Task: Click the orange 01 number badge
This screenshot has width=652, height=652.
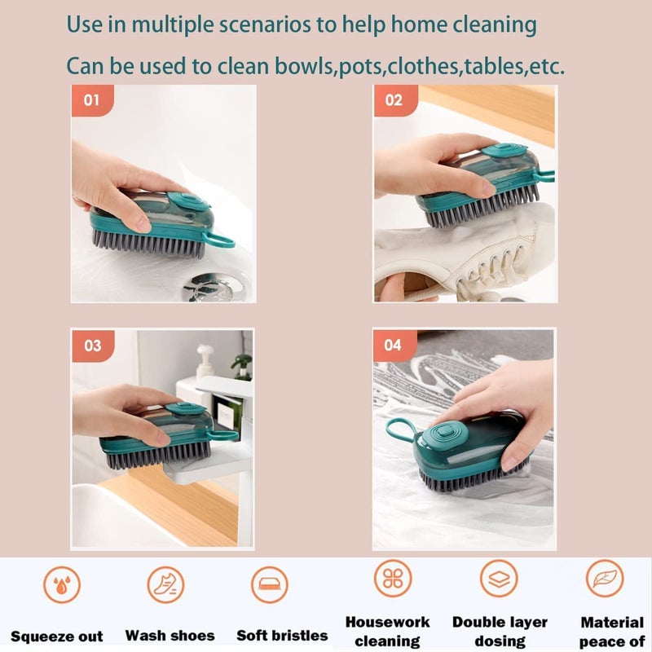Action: (x=91, y=100)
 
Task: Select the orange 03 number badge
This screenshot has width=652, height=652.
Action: (x=92, y=346)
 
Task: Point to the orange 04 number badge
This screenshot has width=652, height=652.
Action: (x=394, y=345)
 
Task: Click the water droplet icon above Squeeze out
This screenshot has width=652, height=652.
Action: (x=62, y=584)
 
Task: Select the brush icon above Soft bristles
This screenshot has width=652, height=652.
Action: (x=269, y=584)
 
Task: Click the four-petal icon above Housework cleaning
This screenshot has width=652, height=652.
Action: (x=393, y=578)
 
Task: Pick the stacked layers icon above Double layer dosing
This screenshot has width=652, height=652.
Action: (x=499, y=578)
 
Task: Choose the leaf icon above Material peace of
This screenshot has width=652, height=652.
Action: (x=605, y=578)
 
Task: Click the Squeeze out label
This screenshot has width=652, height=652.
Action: (x=57, y=637)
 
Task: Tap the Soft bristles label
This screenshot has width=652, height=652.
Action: (x=282, y=635)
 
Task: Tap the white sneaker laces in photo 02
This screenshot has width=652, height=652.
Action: (x=481, y=261)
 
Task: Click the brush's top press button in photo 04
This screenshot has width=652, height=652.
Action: (x=445, y=431)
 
